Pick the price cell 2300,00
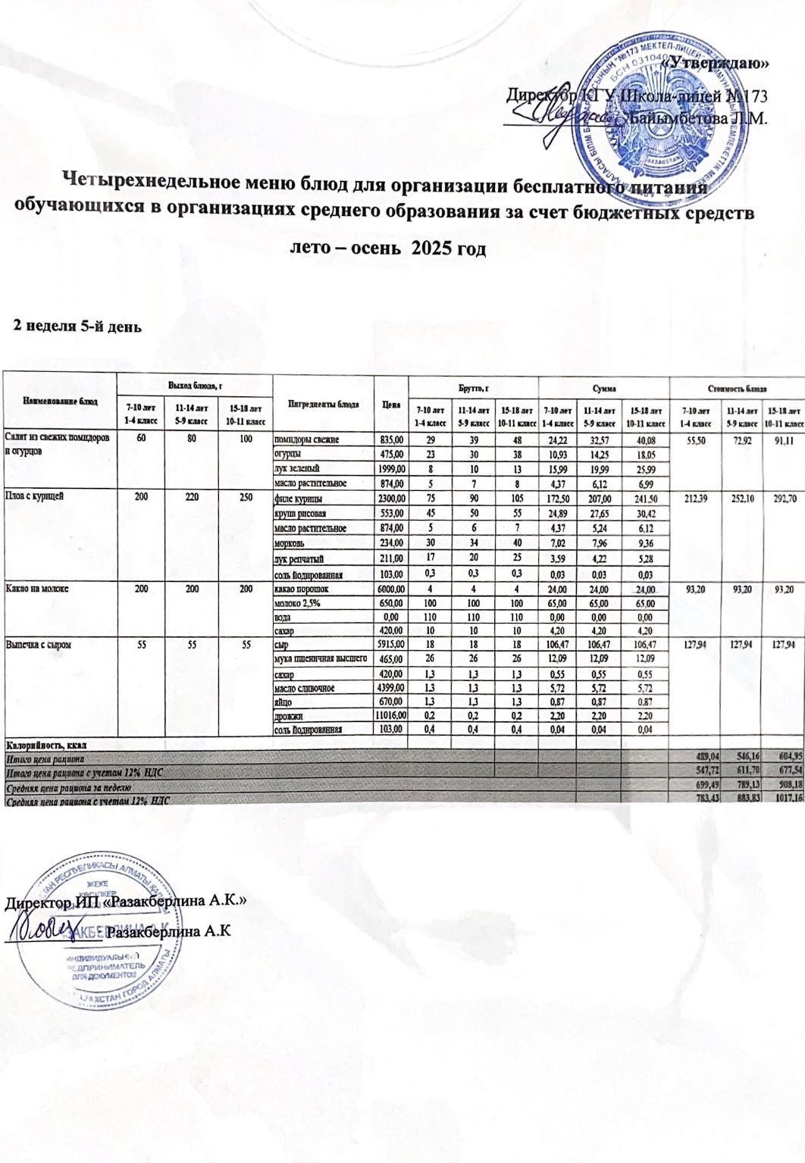click(391, 499)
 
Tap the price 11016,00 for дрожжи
click(391, 716)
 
